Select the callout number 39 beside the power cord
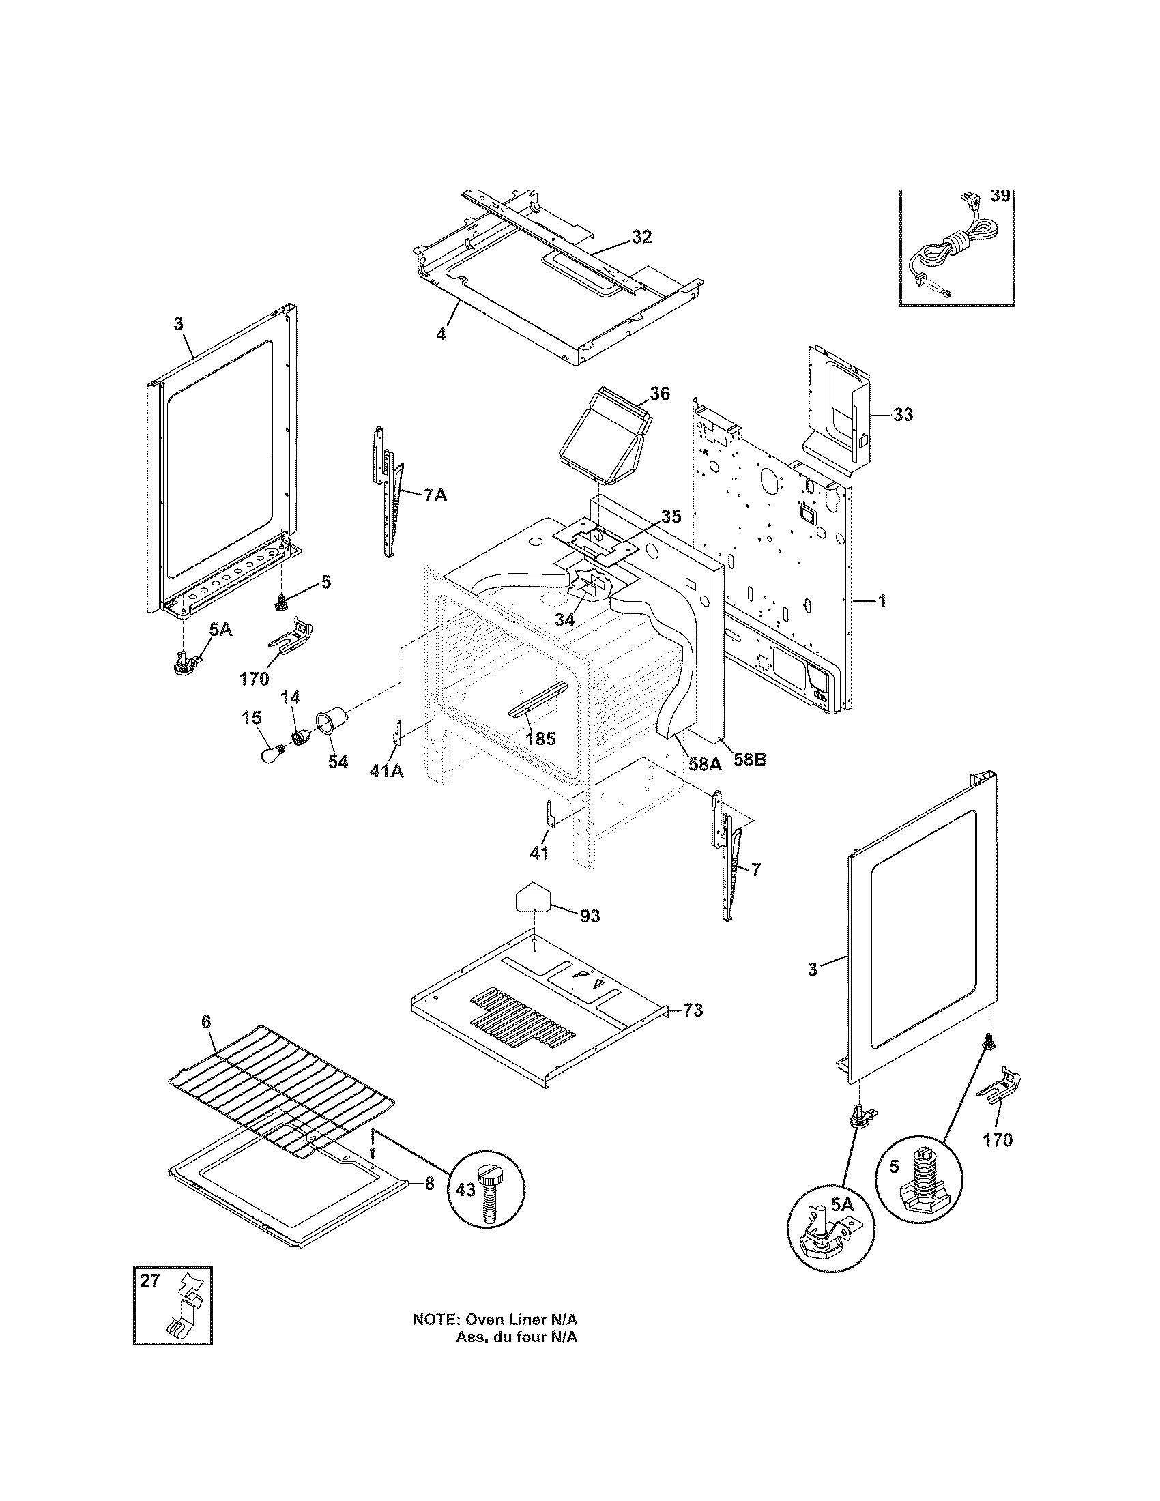1000,196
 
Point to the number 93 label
590,916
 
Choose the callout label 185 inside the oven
540,740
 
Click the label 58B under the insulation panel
749,760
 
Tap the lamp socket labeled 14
300,738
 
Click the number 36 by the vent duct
660,393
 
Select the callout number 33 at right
903,414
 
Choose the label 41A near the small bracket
386,772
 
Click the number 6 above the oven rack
206,1040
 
